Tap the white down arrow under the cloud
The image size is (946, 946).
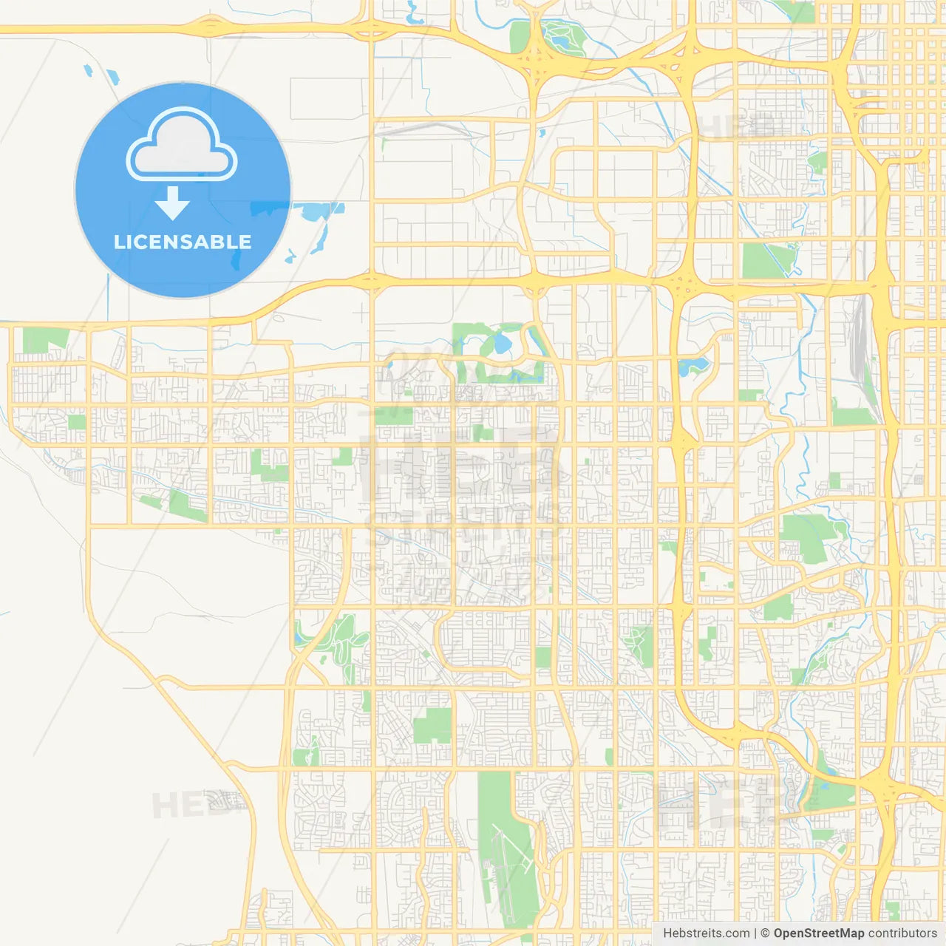[x=172, y=204]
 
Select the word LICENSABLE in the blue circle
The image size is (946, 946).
[x=183, y=242]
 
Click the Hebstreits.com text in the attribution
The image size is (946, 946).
[x=706, y=933]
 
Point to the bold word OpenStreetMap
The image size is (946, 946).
[x=819, y=933]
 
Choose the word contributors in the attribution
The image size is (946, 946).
[x=902, y=933]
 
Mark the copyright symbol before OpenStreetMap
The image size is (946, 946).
[x=766, y=933]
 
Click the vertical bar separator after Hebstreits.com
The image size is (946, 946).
[x=755, y=933]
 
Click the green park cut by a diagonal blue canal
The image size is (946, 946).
[x=769, y=259]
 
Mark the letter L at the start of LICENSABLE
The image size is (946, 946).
[x=119, y=242]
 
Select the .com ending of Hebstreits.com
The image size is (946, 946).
[x=737, y=933]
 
